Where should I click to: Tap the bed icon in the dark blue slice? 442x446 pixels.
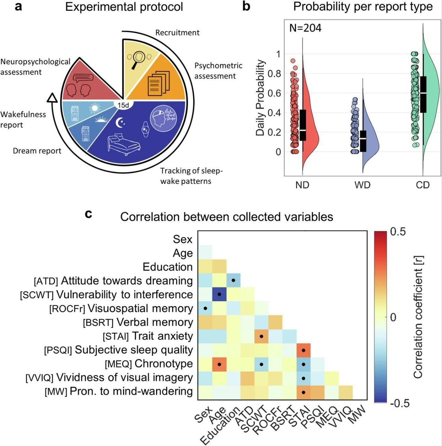[x=123, y=145]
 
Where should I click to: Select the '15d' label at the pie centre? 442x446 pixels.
[x=123, y=106]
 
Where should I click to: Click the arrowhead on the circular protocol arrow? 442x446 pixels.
[x=52, y=98]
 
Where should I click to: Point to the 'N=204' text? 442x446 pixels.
[x=305, y=28]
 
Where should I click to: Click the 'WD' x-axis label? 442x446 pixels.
[x=362, y=185]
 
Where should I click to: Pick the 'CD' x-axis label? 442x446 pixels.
[x=422, y=185]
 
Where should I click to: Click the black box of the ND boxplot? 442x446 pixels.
[x=303, y=125]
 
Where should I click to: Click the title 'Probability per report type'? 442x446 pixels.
[x=362, y=6]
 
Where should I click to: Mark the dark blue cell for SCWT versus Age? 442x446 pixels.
[x=219, y=294]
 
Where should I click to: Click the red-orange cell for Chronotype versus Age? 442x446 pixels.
[x=219, y=364]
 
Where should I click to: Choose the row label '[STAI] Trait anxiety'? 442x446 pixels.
[x=148, y=336]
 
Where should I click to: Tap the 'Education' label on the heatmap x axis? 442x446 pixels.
[x=220, y=426]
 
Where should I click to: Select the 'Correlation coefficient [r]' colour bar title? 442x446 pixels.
[x=418, y=317]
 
